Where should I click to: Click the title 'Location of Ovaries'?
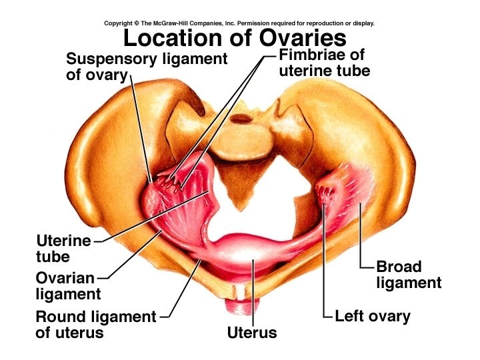235,37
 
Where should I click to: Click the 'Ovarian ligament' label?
67,285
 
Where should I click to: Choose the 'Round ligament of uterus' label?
95,324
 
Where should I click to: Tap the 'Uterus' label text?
251,331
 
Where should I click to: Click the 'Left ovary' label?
373,315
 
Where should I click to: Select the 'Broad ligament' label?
409,275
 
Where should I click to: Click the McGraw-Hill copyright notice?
239,23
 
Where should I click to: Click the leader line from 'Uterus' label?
253,293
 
